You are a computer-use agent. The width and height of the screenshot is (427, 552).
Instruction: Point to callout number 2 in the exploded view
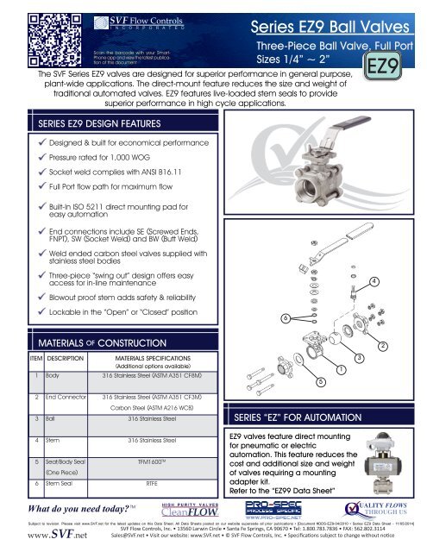[408, 345]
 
